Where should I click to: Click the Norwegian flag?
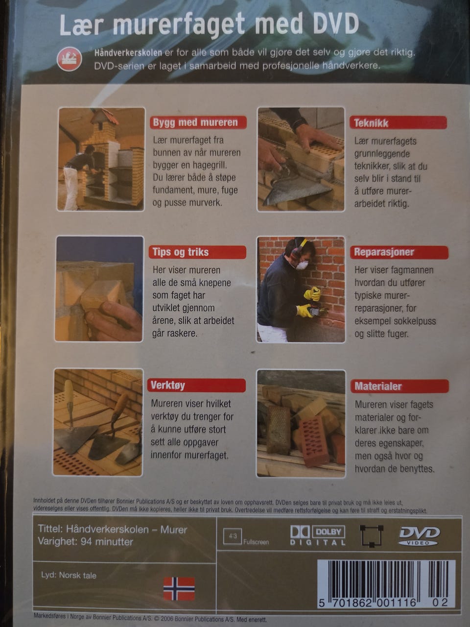179,589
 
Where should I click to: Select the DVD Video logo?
419,536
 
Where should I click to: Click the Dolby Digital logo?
318,535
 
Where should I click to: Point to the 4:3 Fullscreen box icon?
232,536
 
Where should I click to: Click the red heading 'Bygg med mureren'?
198,122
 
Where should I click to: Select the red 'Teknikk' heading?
398,123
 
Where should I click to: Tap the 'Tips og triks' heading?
197,252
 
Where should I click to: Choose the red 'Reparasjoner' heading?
399,252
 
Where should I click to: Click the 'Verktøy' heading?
196,386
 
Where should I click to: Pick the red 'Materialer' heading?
399,386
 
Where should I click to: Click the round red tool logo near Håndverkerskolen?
70,59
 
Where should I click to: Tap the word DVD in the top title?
335,25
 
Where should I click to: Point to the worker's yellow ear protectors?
299,247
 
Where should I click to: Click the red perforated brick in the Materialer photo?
314,438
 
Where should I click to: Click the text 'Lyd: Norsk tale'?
69,575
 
